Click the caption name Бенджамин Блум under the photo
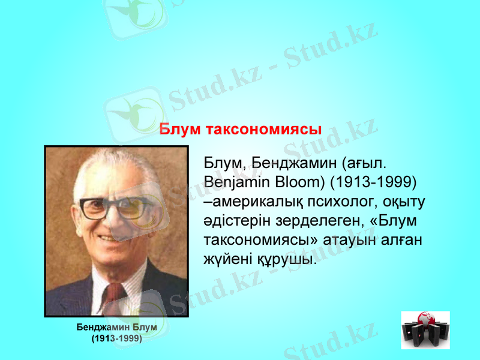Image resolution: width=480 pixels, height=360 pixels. pos(116,328)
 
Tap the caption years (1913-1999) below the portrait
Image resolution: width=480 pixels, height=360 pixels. pos(116,338)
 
